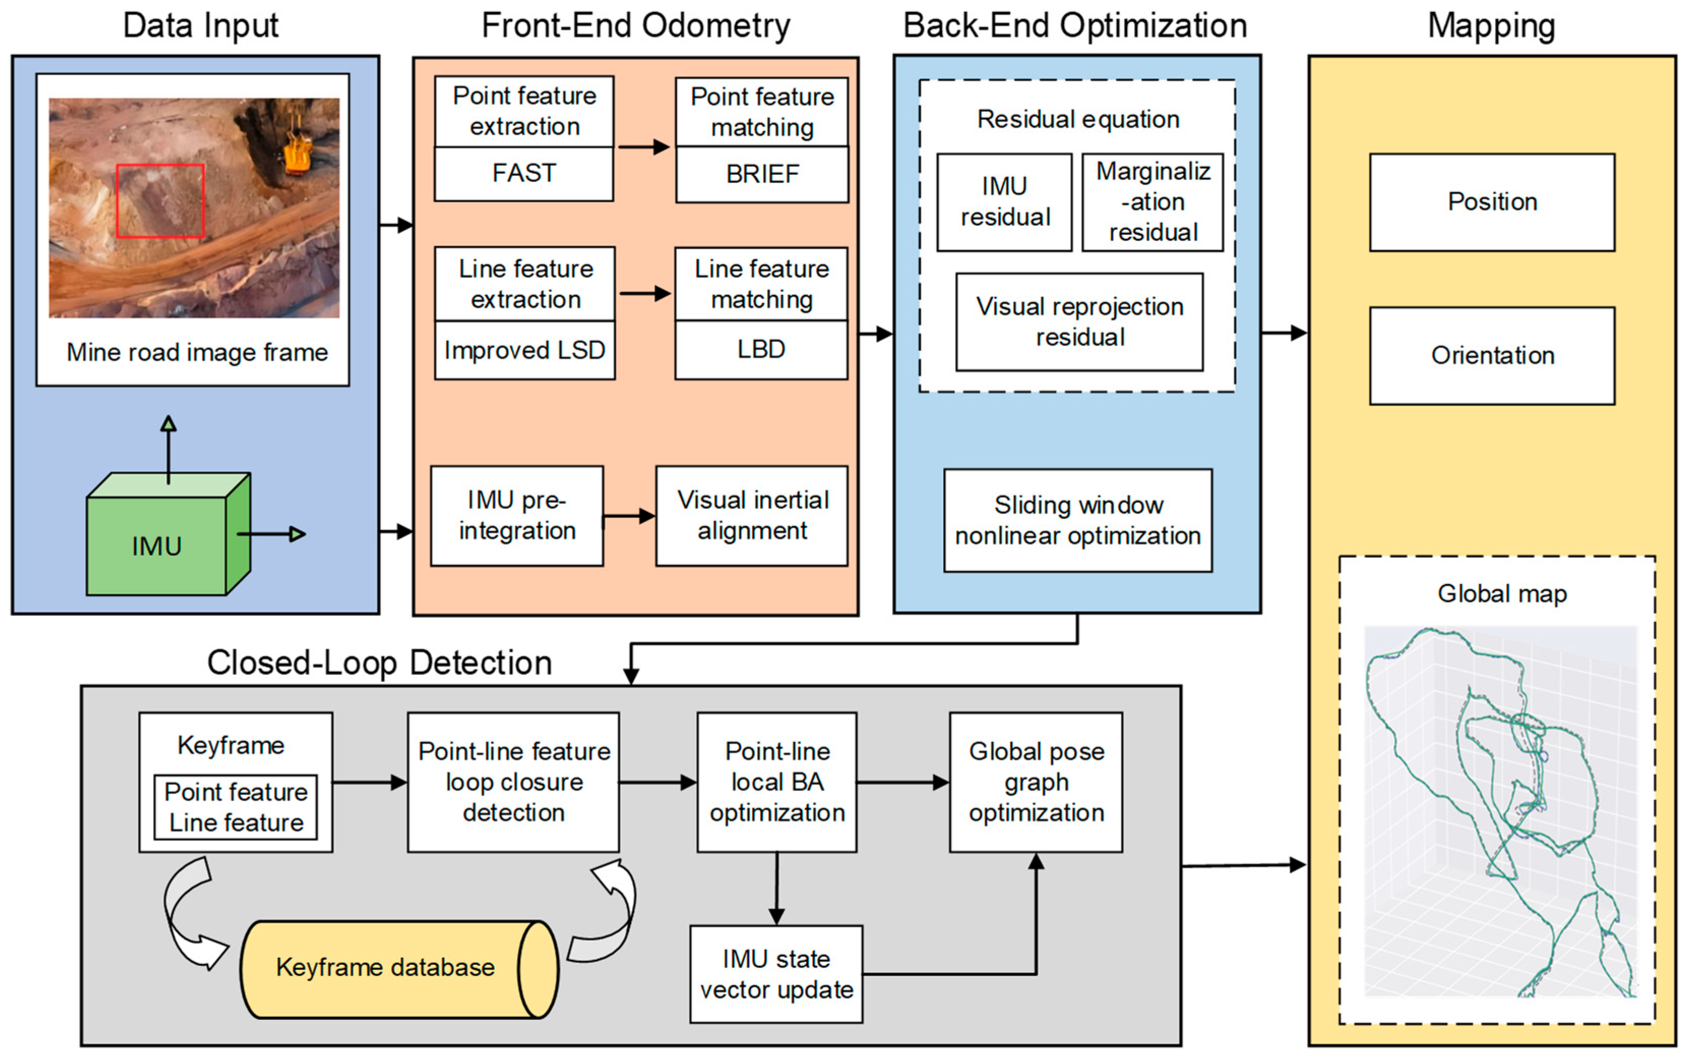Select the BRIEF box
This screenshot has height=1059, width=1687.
[x=762, y=174]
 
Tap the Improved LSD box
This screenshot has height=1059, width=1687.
[x=524, y=350]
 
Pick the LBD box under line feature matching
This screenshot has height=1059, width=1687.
[x=761, y=349]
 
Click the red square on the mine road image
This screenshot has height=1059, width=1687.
[x=160, y=201]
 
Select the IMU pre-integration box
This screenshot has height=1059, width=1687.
[x=517, y=516]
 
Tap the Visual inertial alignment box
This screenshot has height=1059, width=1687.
[x=752, y=516]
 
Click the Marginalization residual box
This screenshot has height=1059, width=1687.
[x=1152, y=202]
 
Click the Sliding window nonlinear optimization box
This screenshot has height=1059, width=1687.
[x=1078, y=521]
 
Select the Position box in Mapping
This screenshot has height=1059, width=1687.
[x=1492, y=202]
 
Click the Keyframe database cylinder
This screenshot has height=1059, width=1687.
[x=385, y=968]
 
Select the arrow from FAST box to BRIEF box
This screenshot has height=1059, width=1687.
[x=643, y=147]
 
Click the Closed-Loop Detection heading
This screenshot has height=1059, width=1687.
[x=380, y=662]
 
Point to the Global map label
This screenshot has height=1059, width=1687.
[x=1502, y=594]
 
